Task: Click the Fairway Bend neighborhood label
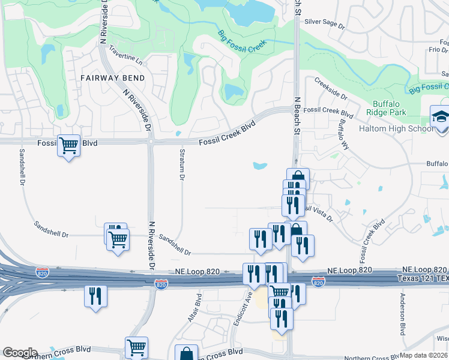pyautogui.click(x=113, y=79)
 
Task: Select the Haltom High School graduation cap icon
pyautogui.click(x=440, y=116)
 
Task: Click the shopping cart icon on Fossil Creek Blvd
pyautogui.click(x=68, y=145)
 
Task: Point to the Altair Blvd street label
pyautogui.click(x=193, y=307)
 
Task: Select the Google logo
pyautogui.click(x=20, y=353)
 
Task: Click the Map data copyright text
pyautogui.click(x=424, y=355)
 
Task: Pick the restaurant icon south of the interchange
pyautogui.click(x=95, y=296)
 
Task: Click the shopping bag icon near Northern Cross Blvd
pyautogui.click(x=186, y=355)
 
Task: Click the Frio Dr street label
pyautogui.click(x=438, y=50)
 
